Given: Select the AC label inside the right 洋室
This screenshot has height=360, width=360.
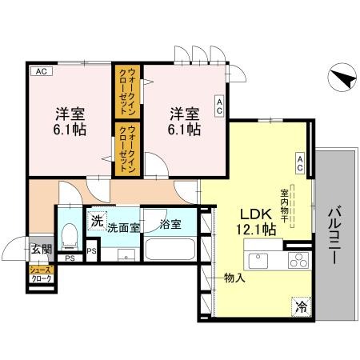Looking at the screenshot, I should (x=218, y=106).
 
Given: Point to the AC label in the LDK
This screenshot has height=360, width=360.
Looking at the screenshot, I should (x=300, y=163).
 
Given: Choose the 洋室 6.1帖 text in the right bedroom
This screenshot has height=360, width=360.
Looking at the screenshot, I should (x=186, y=119).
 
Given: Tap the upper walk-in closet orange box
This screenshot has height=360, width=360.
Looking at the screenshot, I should (x=126, y=92).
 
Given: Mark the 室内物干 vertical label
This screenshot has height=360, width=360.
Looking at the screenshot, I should (x=284, y=206).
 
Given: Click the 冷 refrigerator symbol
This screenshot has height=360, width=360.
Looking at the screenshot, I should (x=302, y=306).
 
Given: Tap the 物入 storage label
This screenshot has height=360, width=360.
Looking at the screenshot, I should (x=234, y=278).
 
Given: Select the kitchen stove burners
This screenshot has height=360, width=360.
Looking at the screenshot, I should (x=297, y=260).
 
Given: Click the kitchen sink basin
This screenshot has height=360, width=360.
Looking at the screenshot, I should (x=262, y=261).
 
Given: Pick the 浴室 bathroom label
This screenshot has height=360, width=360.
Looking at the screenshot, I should (x=170, y=225).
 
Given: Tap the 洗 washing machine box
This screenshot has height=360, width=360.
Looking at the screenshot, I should (x=96, y=222).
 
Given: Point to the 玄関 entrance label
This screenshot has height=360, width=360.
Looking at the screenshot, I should (x=40, y=250).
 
